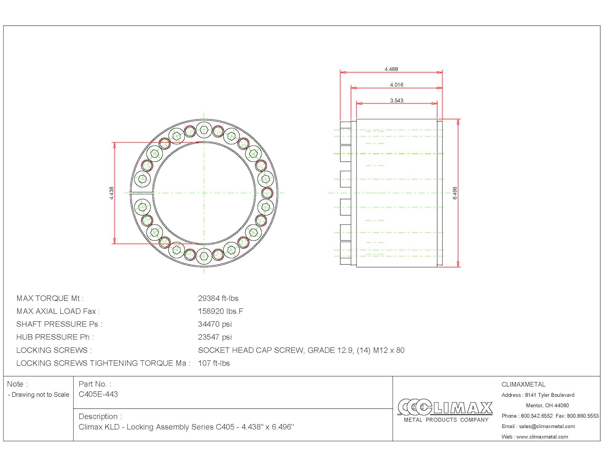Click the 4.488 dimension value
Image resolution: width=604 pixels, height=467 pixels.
(x=391, y=69)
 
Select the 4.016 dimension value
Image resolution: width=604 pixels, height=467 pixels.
(x=396, y=85)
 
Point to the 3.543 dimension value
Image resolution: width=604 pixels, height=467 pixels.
(x=396, y=101)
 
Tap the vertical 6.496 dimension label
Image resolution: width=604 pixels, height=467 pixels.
(x=455, y=193)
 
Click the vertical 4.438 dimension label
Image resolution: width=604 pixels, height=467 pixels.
(x=112, y=193)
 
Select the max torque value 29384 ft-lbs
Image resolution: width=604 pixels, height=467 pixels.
(x=218, y=299)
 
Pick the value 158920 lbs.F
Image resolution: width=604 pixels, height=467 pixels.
(x=220, y=311)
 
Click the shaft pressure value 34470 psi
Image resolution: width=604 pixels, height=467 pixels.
(x=215, y=324)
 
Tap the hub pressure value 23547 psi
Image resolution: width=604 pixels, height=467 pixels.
(x=215, y=337)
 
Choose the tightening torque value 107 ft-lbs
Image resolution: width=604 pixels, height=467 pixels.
(x=214, y=363)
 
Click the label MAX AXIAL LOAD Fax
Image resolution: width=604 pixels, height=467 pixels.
(x=58, y=311)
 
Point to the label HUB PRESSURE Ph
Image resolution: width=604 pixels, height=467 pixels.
(x=55, y=337)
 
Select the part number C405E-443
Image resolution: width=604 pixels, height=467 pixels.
(x=98, y=394)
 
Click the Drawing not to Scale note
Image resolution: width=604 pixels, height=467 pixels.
(x=39, y=395)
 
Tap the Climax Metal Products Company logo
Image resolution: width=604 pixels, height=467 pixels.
(x=445, y=411)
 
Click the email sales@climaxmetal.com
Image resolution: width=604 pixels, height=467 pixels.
(x=547, y=426)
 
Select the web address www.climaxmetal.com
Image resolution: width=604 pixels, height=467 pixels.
(x=542, y=437)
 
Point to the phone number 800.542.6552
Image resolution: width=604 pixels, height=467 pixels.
(x=537, y=416)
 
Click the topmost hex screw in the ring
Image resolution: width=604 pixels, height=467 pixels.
(x=204, y=130)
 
